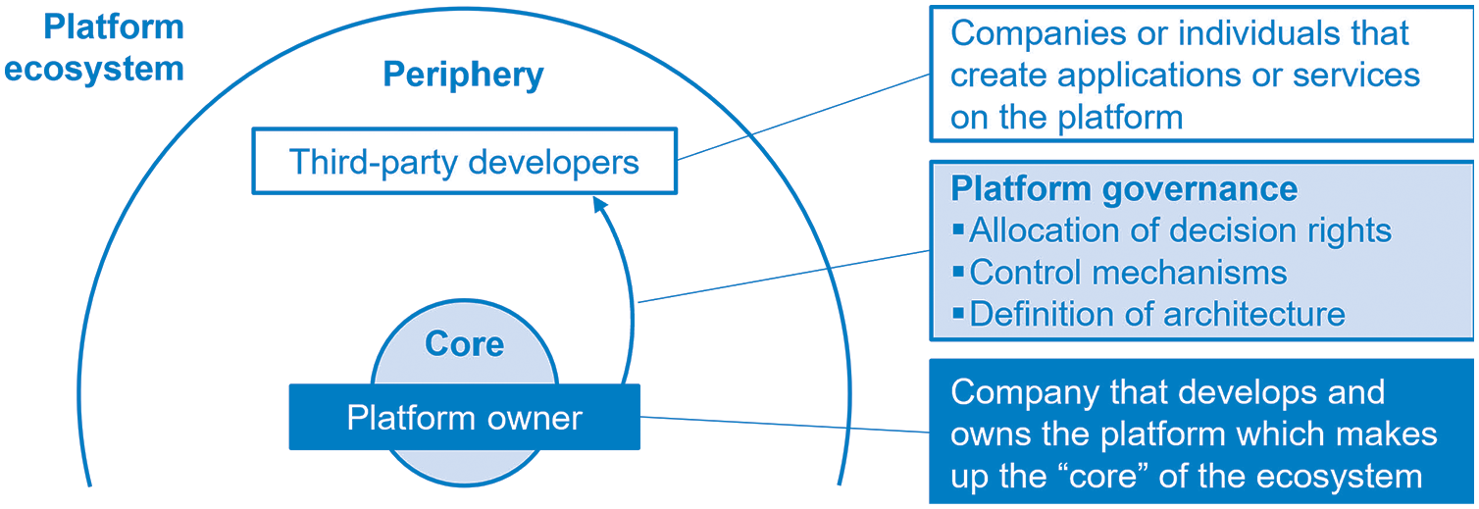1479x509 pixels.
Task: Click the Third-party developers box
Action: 464,161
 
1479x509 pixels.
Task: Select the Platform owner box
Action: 464,417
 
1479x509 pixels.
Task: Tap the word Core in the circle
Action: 464,343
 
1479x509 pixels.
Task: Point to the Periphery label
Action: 464,75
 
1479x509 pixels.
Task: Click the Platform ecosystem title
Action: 94,48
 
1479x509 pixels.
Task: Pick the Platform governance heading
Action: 1124,189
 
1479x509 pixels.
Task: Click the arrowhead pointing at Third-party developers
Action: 599,203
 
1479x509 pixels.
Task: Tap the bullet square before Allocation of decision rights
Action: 958,229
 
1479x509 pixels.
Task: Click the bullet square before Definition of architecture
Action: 958,312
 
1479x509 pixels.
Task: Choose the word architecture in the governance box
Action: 1254,314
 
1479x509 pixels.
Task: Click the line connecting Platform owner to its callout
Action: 785,425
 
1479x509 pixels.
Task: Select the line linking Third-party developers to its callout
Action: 803,118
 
